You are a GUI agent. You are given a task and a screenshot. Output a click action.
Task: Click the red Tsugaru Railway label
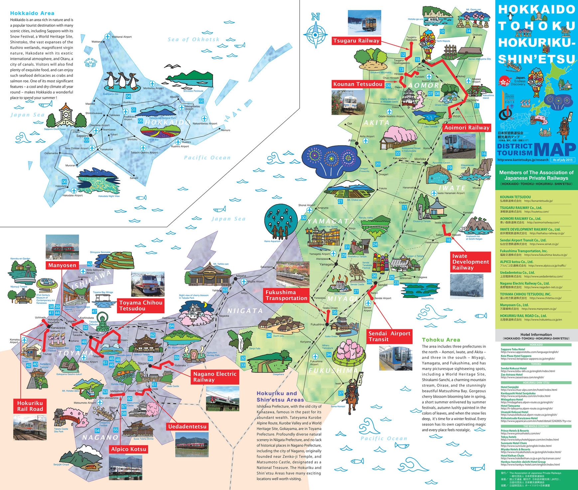(x=356, y=41)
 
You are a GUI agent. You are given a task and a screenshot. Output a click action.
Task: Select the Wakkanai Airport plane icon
(x=107, y=37)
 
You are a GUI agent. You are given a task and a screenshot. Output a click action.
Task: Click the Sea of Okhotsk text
(x=193, y=40)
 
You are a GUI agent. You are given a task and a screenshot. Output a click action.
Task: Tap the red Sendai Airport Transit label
(x=389, y=336)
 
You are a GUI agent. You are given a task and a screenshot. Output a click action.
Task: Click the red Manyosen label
(x=62, y=265)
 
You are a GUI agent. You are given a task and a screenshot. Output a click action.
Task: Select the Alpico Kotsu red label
(x=128, y=449)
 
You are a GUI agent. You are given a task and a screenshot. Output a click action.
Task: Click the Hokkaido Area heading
(x=32, y=13)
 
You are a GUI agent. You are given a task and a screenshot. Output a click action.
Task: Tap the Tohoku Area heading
(x=441, y=340)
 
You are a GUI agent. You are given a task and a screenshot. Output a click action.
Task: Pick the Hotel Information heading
(x=536, y=335)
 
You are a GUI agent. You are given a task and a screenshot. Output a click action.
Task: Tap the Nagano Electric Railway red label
(x=215, y=377)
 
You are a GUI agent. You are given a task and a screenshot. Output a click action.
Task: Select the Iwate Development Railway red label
(x=470, y=262)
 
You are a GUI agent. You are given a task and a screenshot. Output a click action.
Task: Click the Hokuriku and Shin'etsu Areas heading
(x=280, y=397)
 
